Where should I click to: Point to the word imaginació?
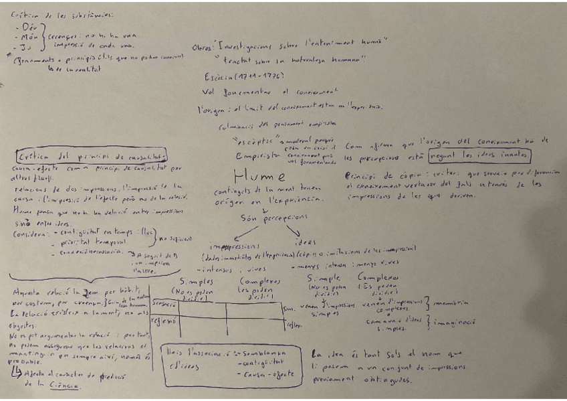(456, 322)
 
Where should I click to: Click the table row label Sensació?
(164, 303)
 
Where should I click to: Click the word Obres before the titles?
(203, 48)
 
